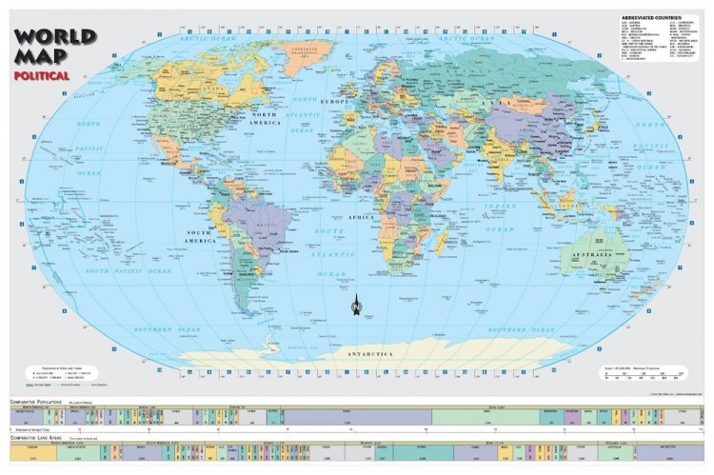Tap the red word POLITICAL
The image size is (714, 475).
(x=41, y=74)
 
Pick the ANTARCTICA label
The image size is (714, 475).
(x=367, y=354)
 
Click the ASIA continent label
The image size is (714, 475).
(x=495, y=100)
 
